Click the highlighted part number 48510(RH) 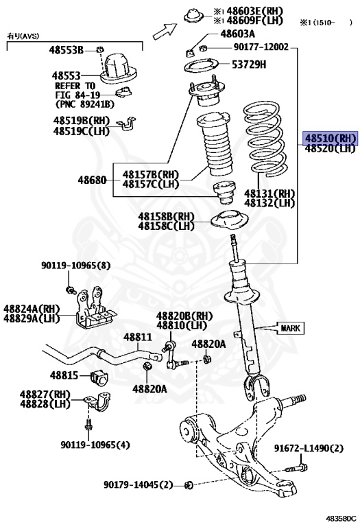[x=331, y=138]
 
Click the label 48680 [x=92, y=180]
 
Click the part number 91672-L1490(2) [x=308, y=448]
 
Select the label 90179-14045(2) [x=138, y=484]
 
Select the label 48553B [x=66, y=51]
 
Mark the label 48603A [x=237, y=34]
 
